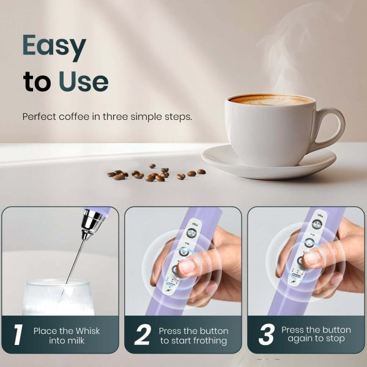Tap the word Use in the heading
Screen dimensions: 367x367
[83, 82]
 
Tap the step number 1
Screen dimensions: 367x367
[18, 335]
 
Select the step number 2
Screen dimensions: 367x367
[142, 335]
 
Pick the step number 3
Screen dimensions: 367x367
[266, 335]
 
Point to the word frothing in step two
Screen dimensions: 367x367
[206, 341]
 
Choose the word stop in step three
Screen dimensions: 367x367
[334, 339]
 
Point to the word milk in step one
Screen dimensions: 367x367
[77, 341]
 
